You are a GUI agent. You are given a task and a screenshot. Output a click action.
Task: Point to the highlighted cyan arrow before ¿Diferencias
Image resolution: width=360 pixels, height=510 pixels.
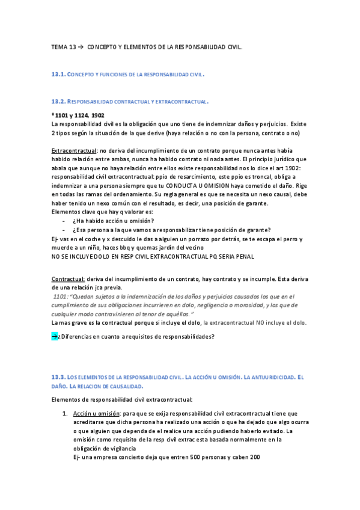click(x=55, y=336)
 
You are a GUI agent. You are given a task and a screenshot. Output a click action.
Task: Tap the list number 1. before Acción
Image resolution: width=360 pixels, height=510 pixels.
click(x=65, y=414)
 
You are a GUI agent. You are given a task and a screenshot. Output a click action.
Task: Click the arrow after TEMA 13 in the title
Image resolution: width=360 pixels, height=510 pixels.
click(x=82, y=46)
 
